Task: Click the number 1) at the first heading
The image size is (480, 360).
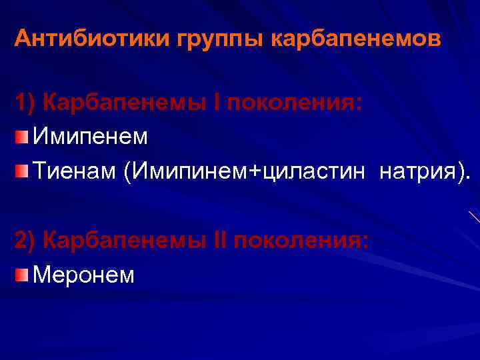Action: [x=25, y=103]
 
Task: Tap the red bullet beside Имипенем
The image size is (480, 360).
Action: [x=22, y=138]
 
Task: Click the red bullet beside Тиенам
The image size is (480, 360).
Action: [x=22, y=173]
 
